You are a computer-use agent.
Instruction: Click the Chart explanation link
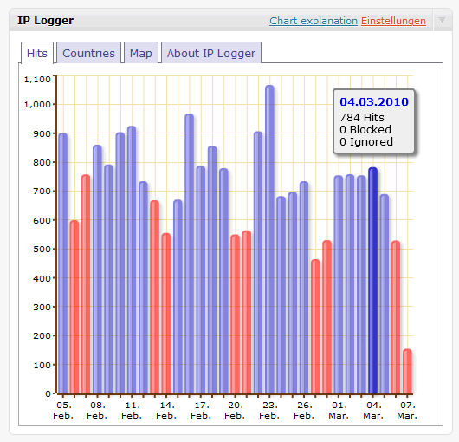tap(314, 21)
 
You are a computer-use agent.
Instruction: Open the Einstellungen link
tap(393, 21)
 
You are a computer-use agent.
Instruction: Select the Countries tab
tap(88, 53)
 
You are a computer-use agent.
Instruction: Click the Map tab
tap(141, 53)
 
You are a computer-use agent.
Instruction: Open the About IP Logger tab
tap(211, 53)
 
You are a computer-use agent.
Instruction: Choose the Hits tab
tap(37, 53)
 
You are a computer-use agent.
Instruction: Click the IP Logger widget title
tap(45, 21)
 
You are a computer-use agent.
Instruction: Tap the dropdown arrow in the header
tap(442, 20)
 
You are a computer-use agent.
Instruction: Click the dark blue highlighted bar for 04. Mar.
tap(372, 281)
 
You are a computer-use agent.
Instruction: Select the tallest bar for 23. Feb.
tap(269, 239)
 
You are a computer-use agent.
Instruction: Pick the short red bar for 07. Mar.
tap(407, 371)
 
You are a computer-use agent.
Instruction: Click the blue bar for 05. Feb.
tap(63, 263)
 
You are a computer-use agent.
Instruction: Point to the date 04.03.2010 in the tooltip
tap(374, 102)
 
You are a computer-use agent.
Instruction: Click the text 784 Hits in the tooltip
tap(362, 118)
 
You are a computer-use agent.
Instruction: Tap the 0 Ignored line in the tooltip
tap(366, 142)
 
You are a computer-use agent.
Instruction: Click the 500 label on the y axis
tap(42, 249)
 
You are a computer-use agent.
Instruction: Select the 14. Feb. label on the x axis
tap(166, 410)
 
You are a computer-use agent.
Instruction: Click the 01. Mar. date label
tap(339, 410)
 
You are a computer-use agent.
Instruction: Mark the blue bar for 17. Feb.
tap(201, 280)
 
